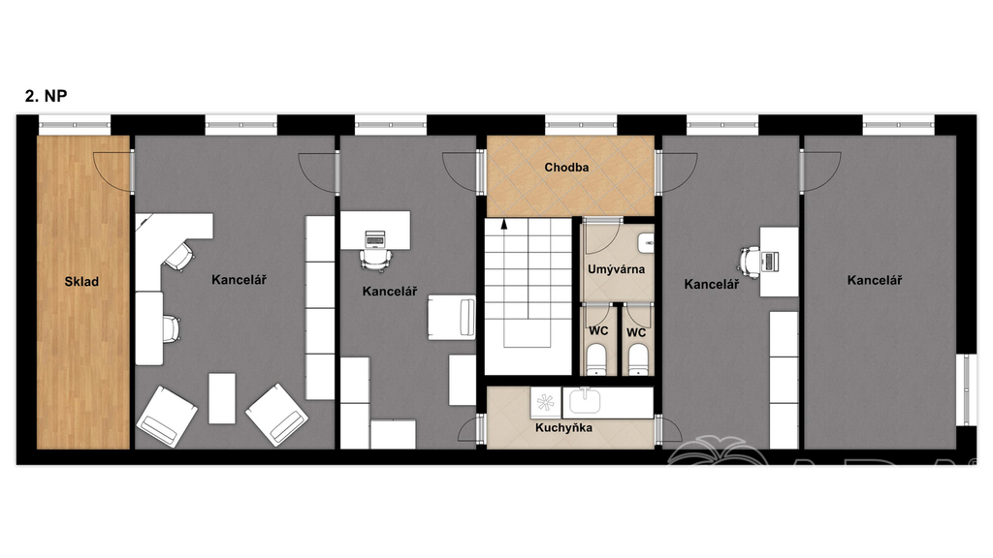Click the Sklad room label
81,282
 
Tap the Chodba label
566,167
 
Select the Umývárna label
616,269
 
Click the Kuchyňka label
563,427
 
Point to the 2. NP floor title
47,96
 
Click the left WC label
598,330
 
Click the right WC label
636,332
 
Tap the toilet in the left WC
597,358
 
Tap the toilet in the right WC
638,358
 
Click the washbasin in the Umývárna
646,241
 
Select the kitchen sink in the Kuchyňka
585,401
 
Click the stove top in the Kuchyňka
545,402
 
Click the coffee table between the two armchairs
222,398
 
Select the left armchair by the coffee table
167,417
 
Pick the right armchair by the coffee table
276,415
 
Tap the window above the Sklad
75,125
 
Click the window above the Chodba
581,125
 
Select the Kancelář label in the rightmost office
875,280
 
